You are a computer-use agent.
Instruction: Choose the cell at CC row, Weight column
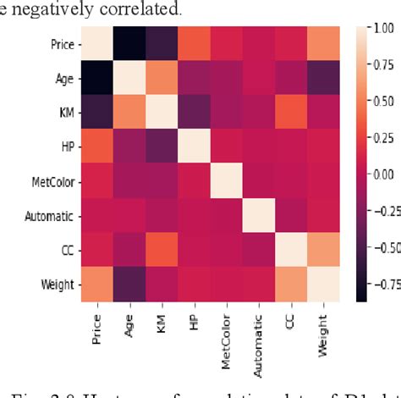[330, 250]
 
